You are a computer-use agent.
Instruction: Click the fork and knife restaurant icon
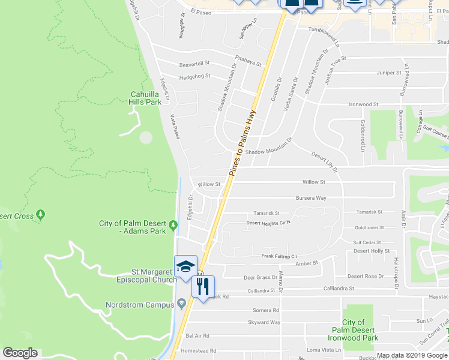(202, 286)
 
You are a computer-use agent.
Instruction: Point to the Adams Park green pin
(173, 226)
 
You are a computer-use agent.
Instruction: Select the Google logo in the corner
(20, 353)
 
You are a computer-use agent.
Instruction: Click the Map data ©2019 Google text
(412, 355)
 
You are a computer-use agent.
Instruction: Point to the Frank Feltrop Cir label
(279, 256)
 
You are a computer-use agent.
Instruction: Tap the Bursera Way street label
(311, 197)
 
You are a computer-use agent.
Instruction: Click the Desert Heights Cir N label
(268, 223)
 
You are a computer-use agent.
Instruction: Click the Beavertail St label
(194, 63)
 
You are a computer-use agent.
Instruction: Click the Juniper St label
(388, 73)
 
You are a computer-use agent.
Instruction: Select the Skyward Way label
(265, 322)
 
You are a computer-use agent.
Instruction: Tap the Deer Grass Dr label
(260, 277)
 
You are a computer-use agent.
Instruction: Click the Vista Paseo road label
(175, 127)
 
